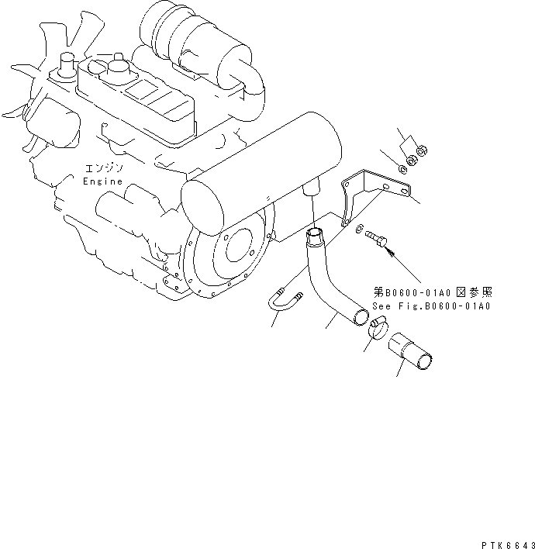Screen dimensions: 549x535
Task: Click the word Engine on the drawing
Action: [102, 181]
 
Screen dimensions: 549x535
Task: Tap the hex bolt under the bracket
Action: [378, 236]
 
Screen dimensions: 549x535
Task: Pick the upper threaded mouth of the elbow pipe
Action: [314, 233]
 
